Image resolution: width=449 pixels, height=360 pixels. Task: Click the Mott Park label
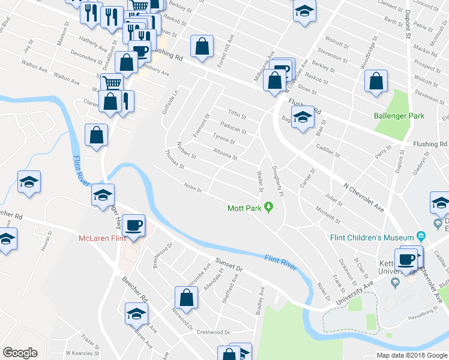click(x=244, y=209)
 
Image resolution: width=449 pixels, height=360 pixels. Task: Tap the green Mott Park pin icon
click(x=269, y=208)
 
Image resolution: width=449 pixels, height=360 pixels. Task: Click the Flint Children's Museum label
click(x=372, y=236)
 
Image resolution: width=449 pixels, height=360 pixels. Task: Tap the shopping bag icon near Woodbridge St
click(x=376, y=82)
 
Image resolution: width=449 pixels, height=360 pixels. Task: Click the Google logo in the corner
click(x=20, y=353)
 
